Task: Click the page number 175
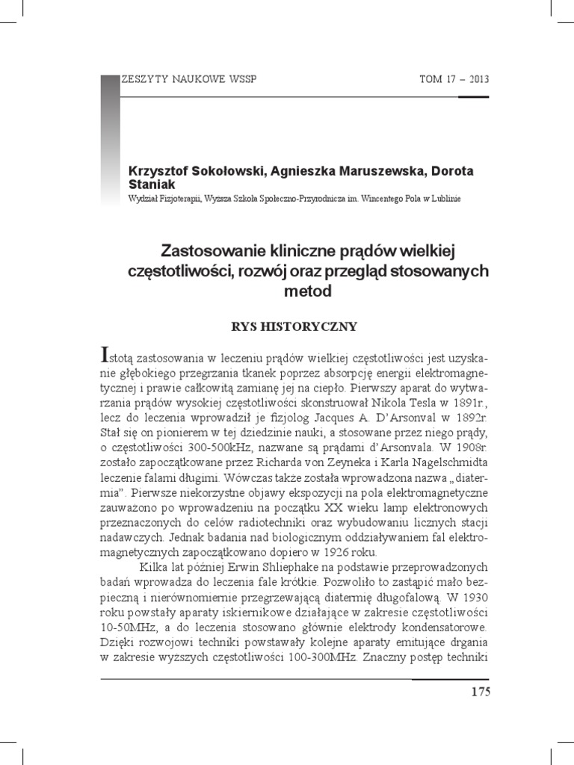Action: [481, 691]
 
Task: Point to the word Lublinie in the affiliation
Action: [442, 199]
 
